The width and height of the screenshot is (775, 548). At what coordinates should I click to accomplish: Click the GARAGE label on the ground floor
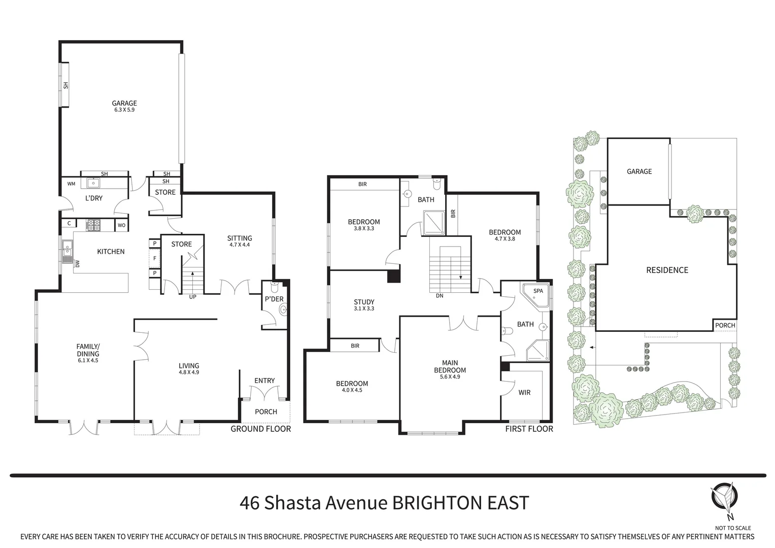click(124, 103)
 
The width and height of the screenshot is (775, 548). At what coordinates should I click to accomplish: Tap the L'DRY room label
click(94, 198)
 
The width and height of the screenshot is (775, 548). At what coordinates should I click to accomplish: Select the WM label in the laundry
click(71, 184)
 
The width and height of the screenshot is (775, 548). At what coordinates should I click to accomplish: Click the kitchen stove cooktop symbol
click(94, 225)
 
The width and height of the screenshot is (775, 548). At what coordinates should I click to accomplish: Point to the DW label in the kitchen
click(78, 263)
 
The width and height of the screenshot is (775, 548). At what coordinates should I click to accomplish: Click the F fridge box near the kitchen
click(154, 259)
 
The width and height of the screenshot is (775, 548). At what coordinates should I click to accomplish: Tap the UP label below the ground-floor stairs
click(192, 297)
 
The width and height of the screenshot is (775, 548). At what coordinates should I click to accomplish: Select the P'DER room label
click(274, 299)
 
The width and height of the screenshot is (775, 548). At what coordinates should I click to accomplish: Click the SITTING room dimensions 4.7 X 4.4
click(239, 245)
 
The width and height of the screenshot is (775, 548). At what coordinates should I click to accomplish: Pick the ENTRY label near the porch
click(264, 381)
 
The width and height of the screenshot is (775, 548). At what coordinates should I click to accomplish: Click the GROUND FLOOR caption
click(261, 429)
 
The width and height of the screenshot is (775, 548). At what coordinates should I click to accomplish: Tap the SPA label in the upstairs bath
click(538, 291)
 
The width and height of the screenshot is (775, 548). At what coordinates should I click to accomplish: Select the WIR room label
click(524, 392)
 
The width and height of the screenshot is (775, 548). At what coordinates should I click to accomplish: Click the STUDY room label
click(364, 302)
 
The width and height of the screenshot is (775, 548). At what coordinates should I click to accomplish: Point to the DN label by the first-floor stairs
click(440, 295)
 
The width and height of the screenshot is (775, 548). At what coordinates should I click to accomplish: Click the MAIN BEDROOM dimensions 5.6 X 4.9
click(450, 376)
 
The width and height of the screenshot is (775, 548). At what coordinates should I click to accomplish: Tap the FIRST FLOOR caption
click(529, 429)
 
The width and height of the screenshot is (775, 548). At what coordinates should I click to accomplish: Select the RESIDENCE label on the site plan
click(667, 270)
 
